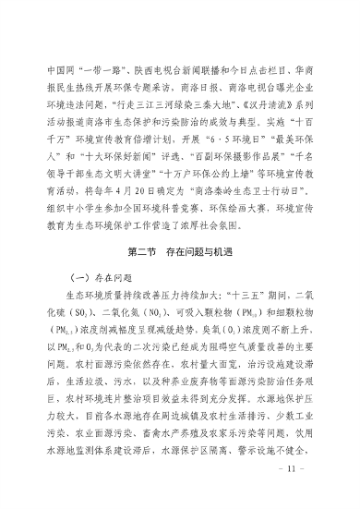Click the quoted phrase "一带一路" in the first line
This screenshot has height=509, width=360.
click(x=100, y=69)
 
